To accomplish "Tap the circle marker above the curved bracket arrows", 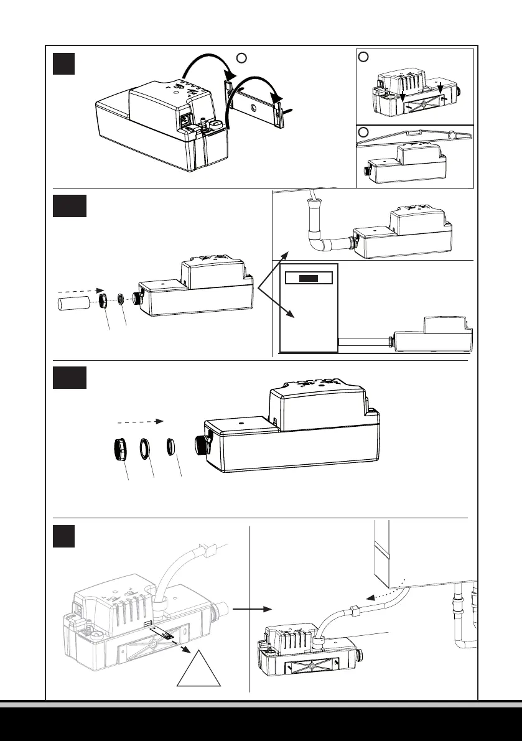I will [242, 58].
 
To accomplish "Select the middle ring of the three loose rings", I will [145, 448].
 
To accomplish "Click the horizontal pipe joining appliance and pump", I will [362, 342].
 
